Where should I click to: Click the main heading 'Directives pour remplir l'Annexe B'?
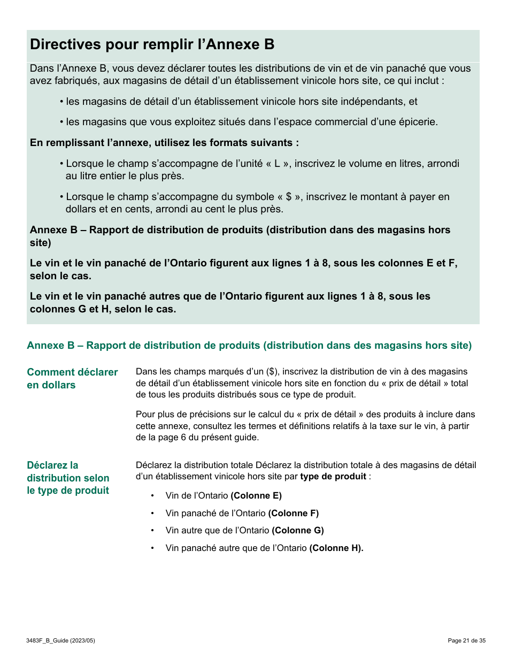coord(152,44)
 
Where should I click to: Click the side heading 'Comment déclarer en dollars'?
coord(72,378)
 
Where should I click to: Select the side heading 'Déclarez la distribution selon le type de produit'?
coord(68,478)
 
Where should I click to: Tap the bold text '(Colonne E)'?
coord(256,495)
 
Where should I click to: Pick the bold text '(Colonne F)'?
coord(293,513)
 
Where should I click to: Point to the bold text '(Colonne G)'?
coord(298,530)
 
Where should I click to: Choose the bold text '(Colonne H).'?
coord(336,548)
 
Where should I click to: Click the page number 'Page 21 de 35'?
coord(466,640)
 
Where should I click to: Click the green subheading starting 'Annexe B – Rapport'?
coord(249,346)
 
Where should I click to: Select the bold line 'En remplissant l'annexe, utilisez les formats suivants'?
coord(164,143)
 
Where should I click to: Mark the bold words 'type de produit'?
coord(333,477)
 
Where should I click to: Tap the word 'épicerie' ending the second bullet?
coord(419,122)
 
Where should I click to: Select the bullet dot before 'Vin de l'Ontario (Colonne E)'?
coord(152,496)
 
